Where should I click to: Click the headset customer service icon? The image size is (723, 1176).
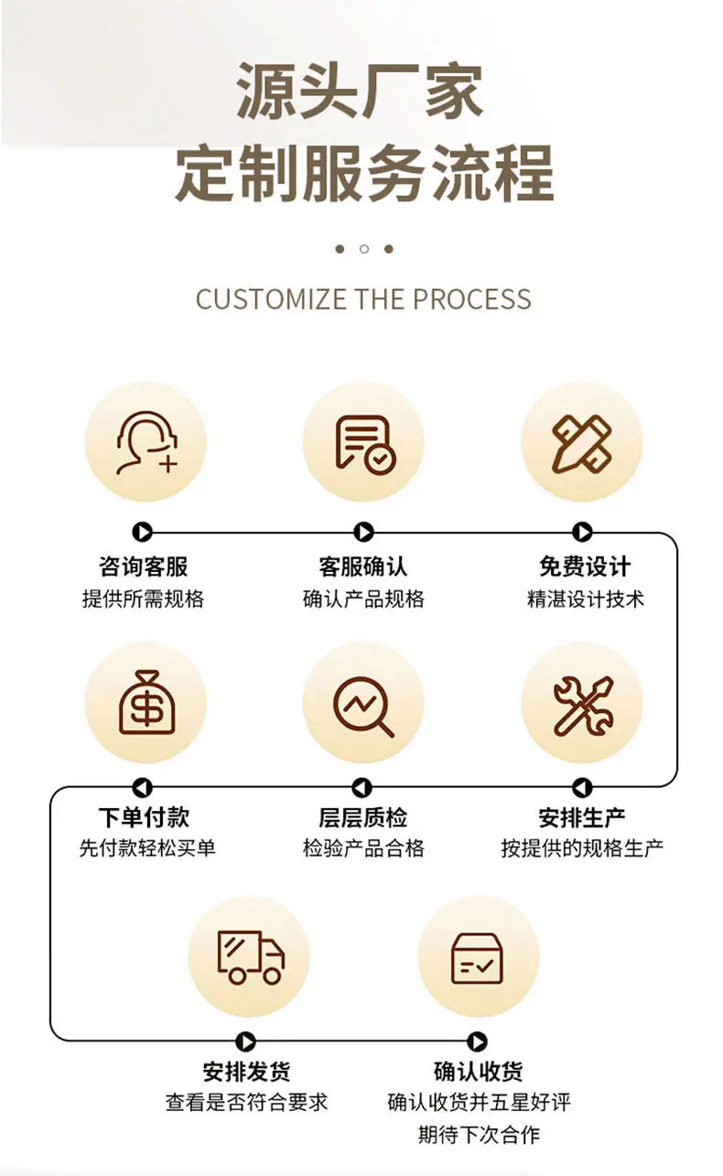point(146,443)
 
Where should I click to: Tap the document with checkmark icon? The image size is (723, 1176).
point(365,444)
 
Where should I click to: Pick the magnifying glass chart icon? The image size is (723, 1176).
point(363,707)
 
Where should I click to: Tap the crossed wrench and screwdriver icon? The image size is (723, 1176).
point(583,705)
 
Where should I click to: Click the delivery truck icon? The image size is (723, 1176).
point(251,957)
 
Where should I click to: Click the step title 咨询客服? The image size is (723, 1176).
point(144,566)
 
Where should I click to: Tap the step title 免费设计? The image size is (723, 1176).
point(585,566)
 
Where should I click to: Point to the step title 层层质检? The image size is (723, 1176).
point(362,817)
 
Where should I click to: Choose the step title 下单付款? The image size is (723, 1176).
point(144,817)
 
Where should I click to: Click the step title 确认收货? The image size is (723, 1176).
point(478,1072)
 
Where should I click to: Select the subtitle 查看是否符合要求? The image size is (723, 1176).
point(247,1103)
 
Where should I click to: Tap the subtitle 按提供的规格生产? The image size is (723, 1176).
point(582,848)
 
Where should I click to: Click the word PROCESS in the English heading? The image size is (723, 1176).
point(472,299)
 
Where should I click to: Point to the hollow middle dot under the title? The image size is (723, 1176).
point(364,249)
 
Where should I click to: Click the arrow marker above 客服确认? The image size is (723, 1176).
point(363,532)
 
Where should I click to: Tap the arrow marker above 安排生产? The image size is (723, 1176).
point(582,787)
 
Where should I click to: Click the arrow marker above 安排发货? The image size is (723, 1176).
point(245,1041)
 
